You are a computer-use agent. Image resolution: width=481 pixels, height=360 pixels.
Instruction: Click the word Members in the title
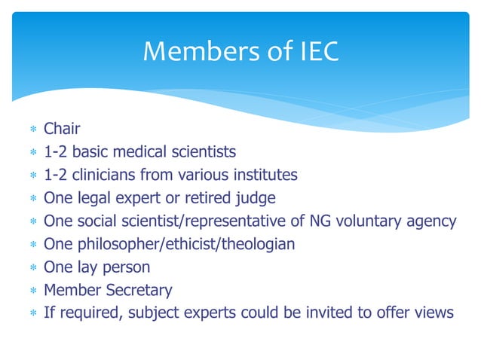click(x=189, y=51)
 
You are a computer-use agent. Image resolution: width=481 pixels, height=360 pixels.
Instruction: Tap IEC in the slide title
click(x=311, y=51)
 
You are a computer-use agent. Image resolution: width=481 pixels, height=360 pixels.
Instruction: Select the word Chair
click(x=62, y=130)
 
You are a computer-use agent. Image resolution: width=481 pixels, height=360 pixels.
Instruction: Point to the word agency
click(x=432, y=221)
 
